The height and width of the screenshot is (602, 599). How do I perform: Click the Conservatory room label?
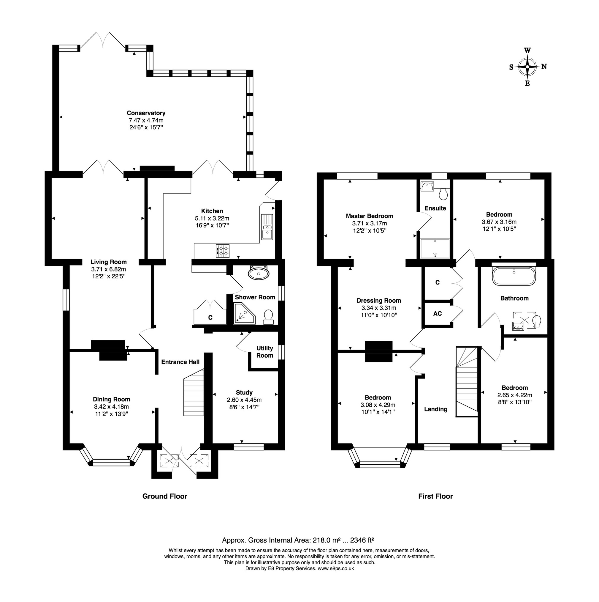pos(146,113)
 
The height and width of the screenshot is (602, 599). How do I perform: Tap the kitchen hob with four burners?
pos(223,251)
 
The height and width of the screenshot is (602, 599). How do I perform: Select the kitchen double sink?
pos(267,227)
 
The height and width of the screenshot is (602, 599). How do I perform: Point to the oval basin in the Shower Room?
pos(258,274)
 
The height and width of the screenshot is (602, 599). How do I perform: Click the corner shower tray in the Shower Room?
pos(243,313)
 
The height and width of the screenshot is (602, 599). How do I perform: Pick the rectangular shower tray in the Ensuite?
pos(435,248)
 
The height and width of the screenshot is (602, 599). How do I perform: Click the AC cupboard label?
pos(437,313)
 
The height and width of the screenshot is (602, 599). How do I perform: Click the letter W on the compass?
pos(527,51)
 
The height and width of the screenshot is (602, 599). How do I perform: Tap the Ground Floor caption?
pos(165,496)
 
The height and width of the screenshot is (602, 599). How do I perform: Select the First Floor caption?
pos(435,496)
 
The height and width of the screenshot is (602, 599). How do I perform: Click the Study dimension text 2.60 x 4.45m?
pos(244,400)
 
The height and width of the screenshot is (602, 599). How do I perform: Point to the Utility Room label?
pos(264,352)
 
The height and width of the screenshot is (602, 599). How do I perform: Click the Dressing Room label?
pos(378,301)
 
